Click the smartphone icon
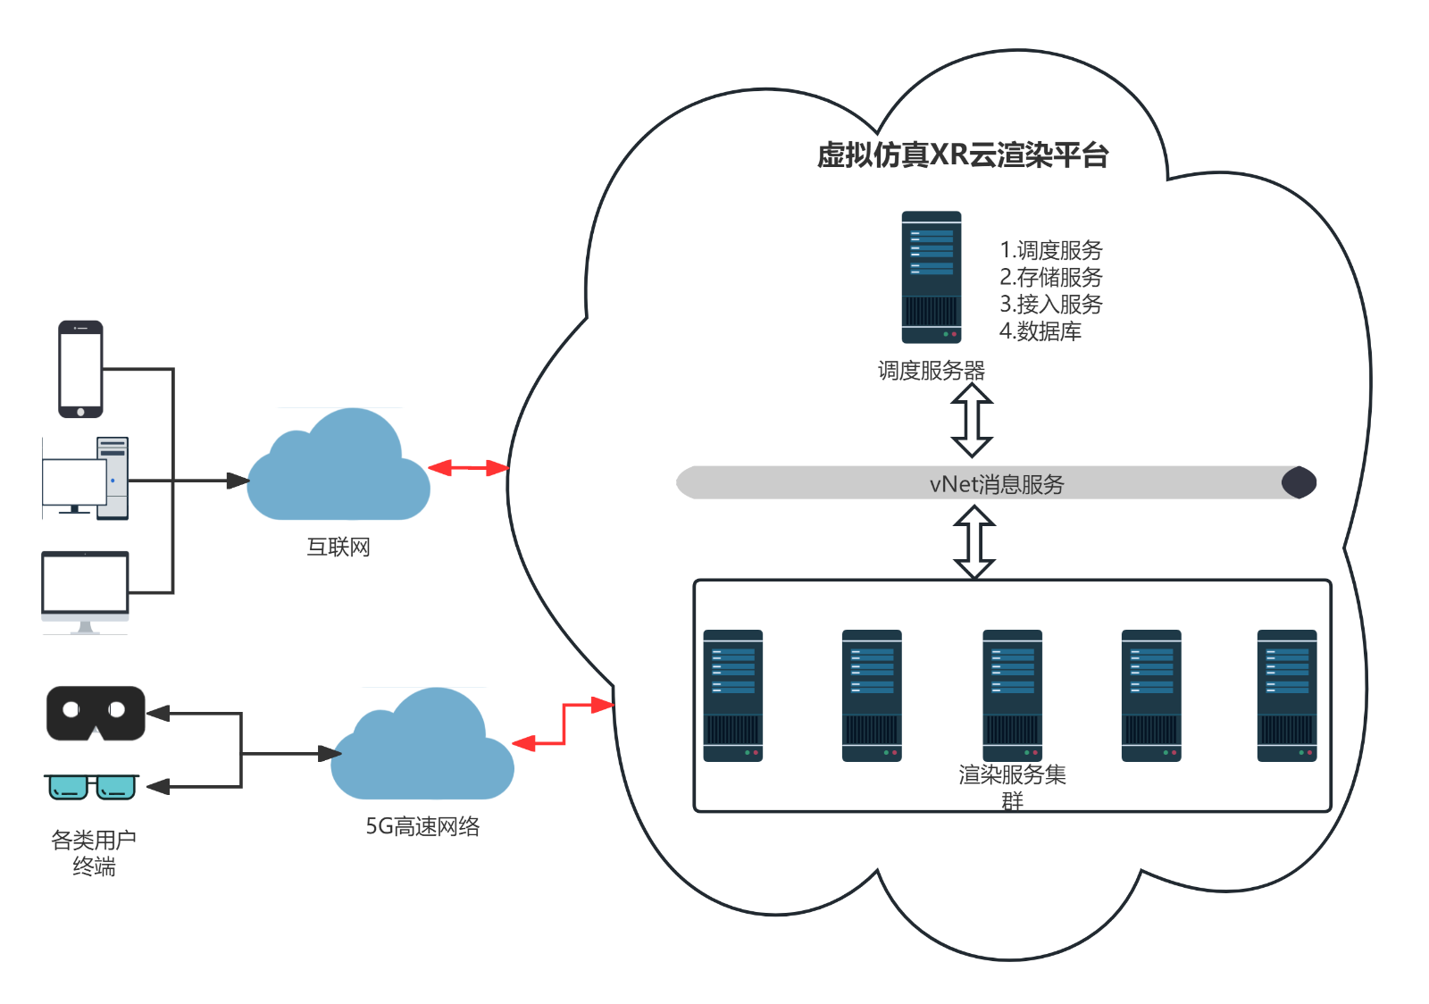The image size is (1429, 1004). pyautogui.click(x=80, y=369)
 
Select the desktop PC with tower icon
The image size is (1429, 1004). pyautogui.click(x=86, y=479)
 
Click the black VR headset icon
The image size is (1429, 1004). pyautogui.click(x=96, y=713)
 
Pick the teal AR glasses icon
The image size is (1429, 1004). pyautogui.click(x=92, y=787)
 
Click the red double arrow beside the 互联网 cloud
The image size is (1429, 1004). pyautogui.click(x=468, y=467)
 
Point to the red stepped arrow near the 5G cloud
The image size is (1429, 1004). pyautogui.click(x=564, y=724)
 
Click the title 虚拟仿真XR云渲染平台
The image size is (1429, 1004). pyautogui.click(x=962, y=155)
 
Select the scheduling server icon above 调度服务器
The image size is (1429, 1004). pyautogui.click(x=931, y=277)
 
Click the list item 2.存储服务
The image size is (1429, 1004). pyautogui.click(x=1050, y=277)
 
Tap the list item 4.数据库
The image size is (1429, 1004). pyautogui.click(x=1040, y=331)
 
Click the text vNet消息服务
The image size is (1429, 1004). pyautogui.click(x=997, y=484)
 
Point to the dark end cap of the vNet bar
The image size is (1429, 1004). pyautogui.click(x=1299, y=482)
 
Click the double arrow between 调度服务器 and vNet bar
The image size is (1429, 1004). pyautogui.click(x=972, y=420)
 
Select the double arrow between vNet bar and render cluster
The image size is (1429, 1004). pyautogui.click(x=974, y=541)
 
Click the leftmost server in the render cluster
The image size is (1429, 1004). pyautogui.click(x=732, y=696)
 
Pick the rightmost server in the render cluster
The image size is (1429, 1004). pyautogui.click(x=1286, y=696)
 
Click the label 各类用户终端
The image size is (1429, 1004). pyautogui.click(x=94, y=853)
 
